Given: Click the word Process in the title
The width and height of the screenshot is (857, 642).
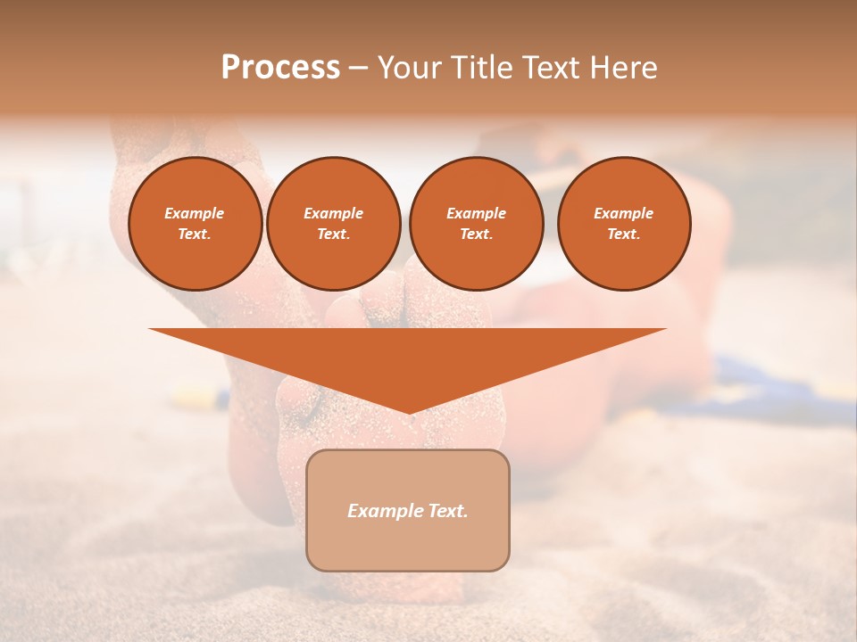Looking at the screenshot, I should coord(280,68).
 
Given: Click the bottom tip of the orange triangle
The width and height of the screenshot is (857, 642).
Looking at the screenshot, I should coord(409,411).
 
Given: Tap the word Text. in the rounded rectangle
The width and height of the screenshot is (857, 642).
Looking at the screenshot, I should coord(446,511).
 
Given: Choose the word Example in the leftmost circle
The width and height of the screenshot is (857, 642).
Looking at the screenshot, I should coord(195,213).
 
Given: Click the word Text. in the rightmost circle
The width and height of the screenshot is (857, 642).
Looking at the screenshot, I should coord(624,234).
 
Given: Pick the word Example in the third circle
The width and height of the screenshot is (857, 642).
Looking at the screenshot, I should coord(477,213).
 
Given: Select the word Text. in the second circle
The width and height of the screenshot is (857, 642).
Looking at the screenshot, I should coord(334,234).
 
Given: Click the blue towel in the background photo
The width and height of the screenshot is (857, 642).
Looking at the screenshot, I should coord(768,392).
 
